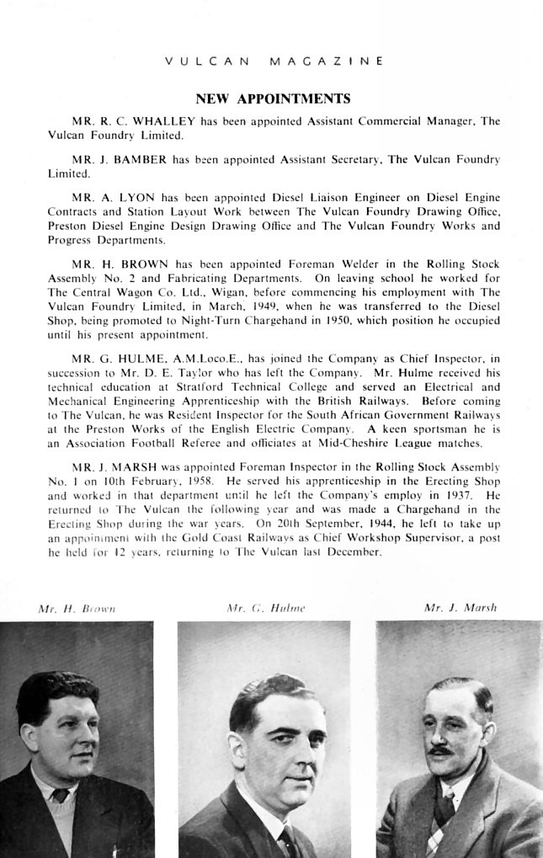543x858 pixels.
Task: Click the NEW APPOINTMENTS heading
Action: (273, 99)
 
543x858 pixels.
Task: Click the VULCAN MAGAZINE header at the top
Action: (274, 61)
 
